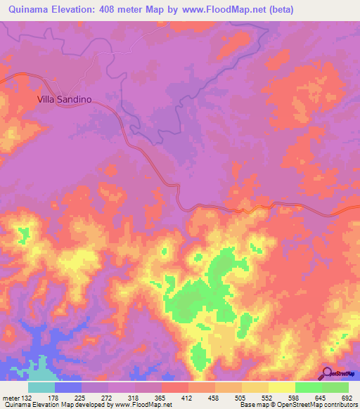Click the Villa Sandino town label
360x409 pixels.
tap(65, 100)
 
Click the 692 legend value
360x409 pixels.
tap(347, 397)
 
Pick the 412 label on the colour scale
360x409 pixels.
tap(188, 397)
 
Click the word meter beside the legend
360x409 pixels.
tap(11, 397)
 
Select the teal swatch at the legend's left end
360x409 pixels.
tap(41, 387)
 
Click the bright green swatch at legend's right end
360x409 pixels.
tap(335, 387)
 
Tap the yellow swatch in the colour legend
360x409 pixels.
tap(282, 387)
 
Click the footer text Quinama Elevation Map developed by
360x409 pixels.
tap(59, 405)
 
